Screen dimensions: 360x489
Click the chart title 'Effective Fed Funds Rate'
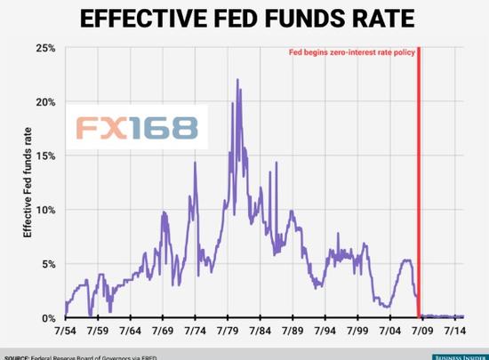(x=244, y=19)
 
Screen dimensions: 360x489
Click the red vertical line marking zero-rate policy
(x=419, y=178)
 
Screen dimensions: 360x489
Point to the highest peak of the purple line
(x=237, y=80)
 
